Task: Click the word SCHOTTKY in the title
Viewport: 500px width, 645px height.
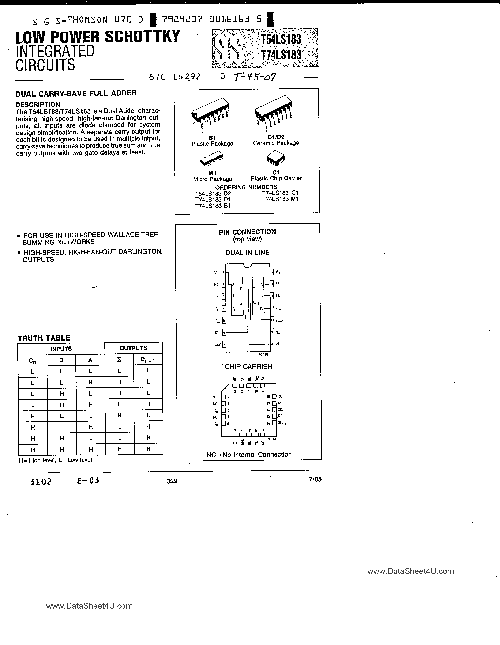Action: [x=142, y=37]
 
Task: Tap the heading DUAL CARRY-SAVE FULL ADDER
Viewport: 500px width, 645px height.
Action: [x=76, y=93]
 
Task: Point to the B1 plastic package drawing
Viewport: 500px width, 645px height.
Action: [x=211, y=114]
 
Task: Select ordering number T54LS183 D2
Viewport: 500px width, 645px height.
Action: [x=213, y=193]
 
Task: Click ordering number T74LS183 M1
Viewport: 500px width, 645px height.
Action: [x=280, y=199]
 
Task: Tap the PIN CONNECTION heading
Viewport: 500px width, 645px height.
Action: [x=247, y=232]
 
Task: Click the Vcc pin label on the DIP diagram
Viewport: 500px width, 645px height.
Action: [x=278, y=272]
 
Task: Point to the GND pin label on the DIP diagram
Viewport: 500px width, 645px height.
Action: [x=218, y=345]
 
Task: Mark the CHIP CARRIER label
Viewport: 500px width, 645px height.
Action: [x=248, y=367]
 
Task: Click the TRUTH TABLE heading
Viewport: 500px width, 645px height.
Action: [x=44, y=338]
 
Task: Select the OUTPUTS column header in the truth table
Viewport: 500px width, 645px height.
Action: [x=133, y=348]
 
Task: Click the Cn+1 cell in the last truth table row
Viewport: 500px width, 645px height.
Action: [x=148, y=449]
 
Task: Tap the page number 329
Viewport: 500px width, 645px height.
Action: [x=172, y=481]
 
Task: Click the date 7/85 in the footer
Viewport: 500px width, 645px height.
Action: [x=315, y=479]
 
